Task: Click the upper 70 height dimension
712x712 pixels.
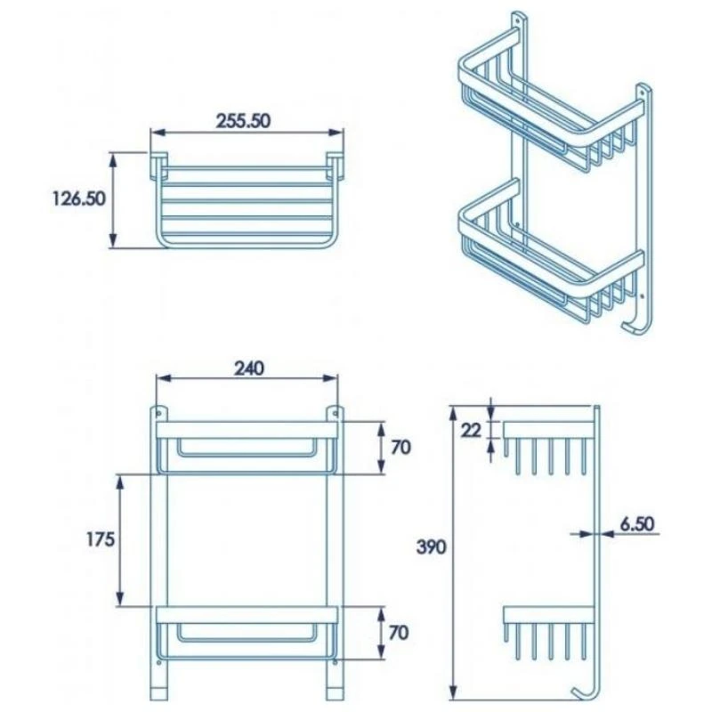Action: point(400,447)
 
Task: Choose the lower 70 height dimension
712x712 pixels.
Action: point(400,633)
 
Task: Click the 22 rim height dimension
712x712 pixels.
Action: point(471,430)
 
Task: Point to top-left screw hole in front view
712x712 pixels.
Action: point(160,414)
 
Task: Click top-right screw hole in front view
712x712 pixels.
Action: point(335,414)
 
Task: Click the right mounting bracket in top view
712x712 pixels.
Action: point(336,166)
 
